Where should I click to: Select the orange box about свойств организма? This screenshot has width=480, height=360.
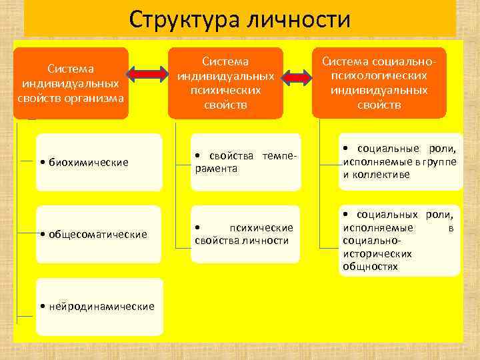(71, 83)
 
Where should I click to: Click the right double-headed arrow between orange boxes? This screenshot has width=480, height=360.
(298, 77)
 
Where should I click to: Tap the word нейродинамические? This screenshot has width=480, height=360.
(100, 306)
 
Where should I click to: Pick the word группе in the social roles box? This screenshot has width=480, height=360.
(439, 161)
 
